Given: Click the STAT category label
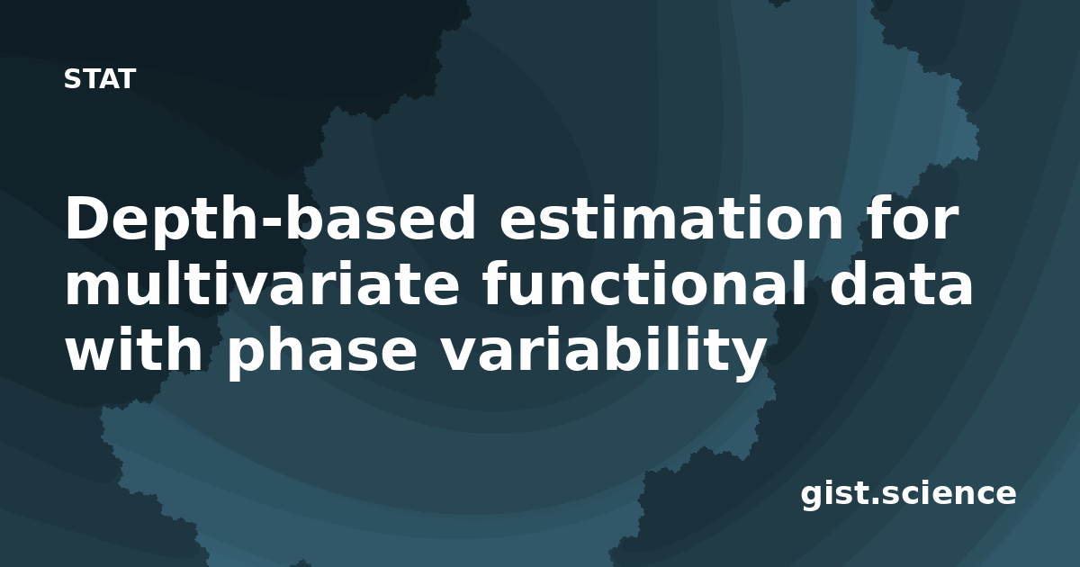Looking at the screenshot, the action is [100, 79].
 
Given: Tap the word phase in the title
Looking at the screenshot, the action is [321, 353].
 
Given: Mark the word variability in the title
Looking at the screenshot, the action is [603, 353].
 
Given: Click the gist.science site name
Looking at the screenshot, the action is [908, 494].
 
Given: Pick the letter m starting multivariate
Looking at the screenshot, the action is [93, 289].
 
